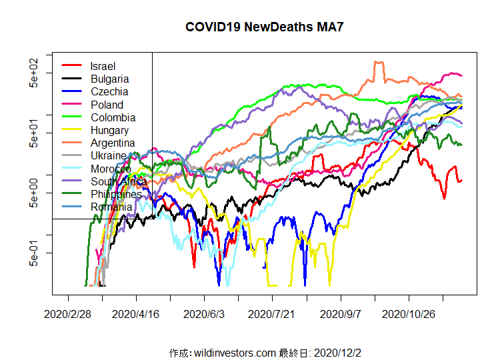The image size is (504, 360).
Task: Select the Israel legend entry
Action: click(103, 66)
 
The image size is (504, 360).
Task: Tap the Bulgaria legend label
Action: click(110, 79)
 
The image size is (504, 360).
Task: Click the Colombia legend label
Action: click(111, 117)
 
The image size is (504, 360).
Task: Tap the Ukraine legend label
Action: click(109, 155)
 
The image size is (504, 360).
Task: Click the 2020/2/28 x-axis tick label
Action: click(67, 313)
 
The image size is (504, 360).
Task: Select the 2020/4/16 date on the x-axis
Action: click(136, 313)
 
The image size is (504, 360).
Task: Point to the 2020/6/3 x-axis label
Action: click(205, 313)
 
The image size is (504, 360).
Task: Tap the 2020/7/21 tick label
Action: click(273, 313)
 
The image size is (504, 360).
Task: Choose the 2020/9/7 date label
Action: click(341, 313)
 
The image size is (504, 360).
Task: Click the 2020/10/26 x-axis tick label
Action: click(409, 313)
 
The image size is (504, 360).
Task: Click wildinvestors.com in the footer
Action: click(235, 352)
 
